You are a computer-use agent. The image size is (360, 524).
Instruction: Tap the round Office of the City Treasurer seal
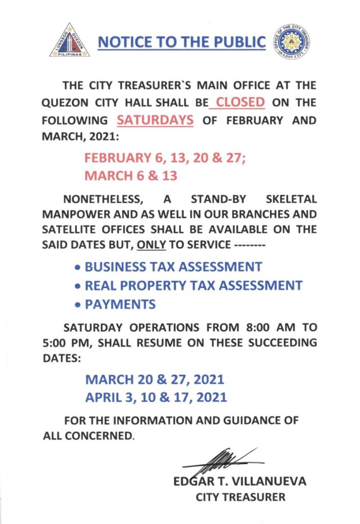[x=292, y=41]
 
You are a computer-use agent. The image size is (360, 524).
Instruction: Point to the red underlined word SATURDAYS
[x=155, y=120]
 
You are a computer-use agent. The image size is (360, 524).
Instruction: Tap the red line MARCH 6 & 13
[x=131, y=176]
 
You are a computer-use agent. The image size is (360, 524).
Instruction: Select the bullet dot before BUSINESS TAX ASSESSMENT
[x=77, y=268]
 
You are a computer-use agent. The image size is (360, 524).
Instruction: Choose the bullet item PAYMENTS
[x=120, y=304]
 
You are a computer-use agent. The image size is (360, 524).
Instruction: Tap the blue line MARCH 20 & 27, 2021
[x=154, y=380]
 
